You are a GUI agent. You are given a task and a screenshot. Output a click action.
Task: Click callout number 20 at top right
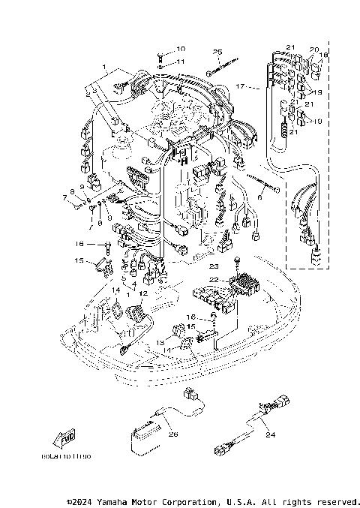(314, 49)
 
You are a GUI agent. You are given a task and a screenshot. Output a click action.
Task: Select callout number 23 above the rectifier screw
(213, 266)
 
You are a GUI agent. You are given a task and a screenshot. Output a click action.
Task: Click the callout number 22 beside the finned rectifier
(213, 279)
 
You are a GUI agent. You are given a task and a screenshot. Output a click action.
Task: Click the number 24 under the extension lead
(271, 434)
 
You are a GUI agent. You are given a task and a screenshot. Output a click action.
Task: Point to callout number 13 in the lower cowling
(160, 342)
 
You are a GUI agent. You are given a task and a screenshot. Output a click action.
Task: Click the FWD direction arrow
(65, 439)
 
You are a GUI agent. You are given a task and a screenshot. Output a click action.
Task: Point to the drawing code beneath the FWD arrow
(65, 456)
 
